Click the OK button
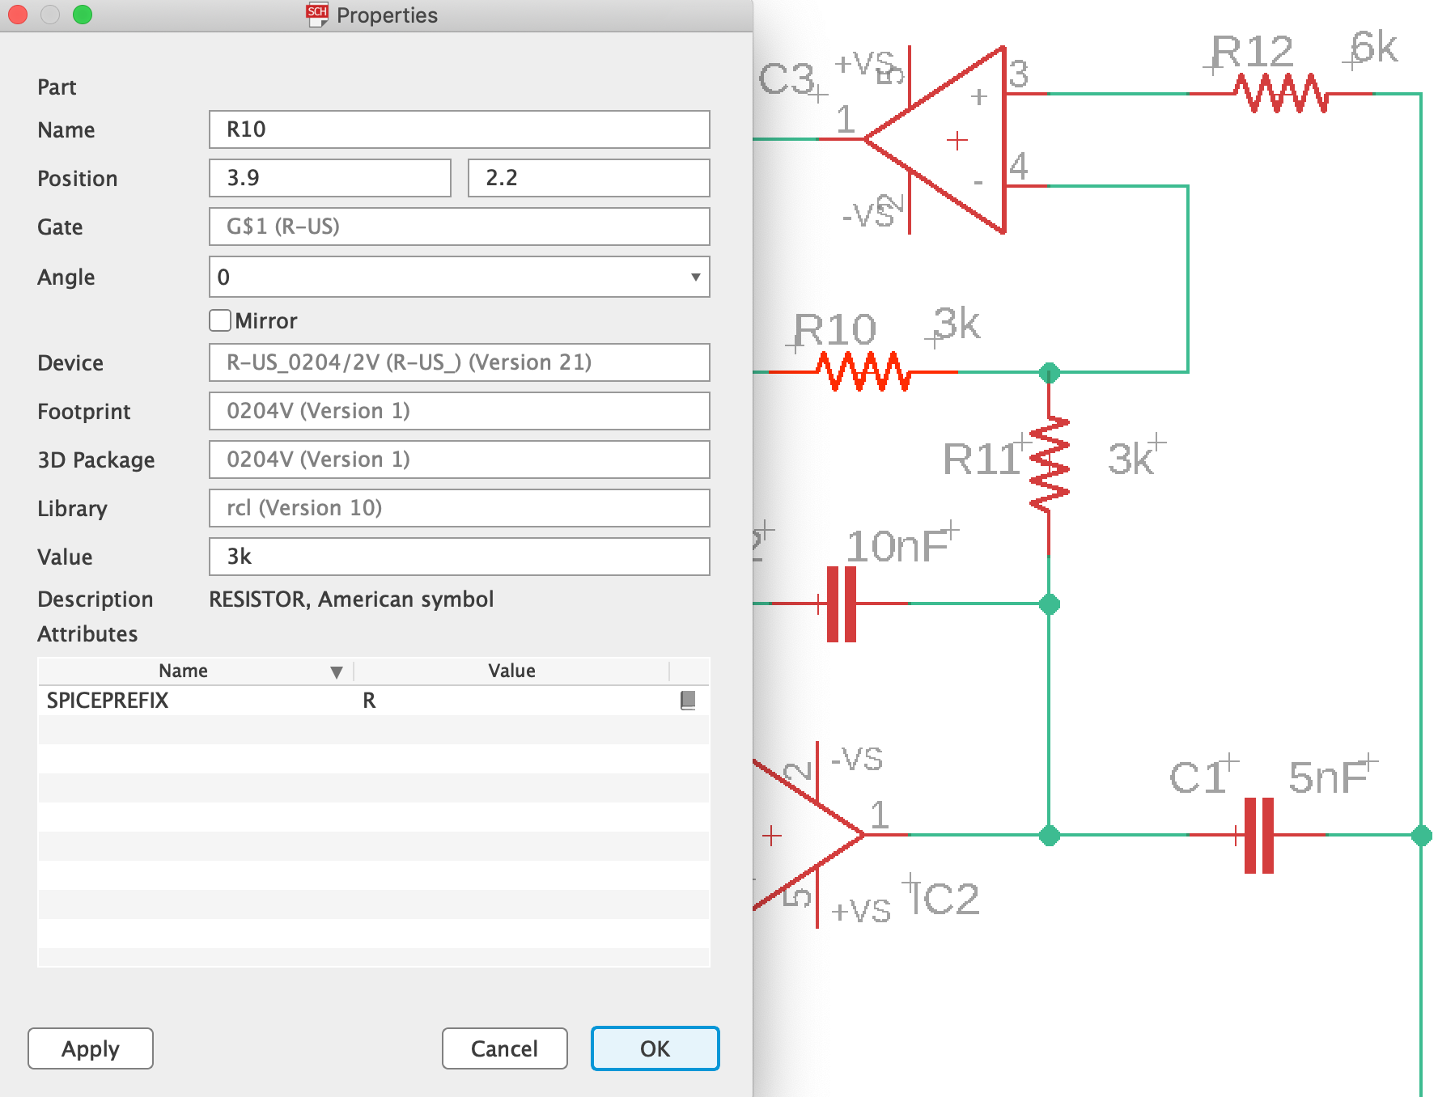655,1048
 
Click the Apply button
91,1048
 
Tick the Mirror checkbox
220,320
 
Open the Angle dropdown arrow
695,277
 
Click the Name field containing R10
459,129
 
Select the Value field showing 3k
459,557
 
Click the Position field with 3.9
329,178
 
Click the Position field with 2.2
588,178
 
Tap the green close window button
83,15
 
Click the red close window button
18,15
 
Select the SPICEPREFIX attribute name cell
108,701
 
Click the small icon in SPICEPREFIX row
688,701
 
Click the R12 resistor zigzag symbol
1281,94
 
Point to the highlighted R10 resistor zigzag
863,372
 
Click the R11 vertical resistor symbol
1050,464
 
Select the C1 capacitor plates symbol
1258,835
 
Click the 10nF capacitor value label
897,548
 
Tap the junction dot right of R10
1050,373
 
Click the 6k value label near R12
1374,49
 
